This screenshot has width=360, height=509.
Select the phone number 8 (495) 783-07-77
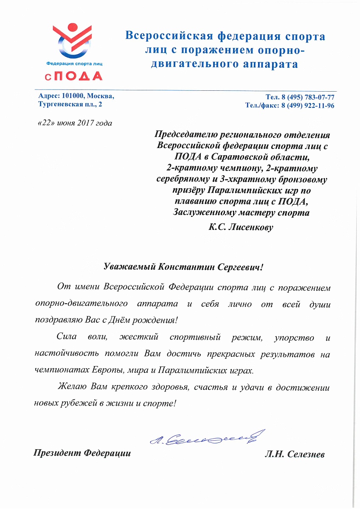307,97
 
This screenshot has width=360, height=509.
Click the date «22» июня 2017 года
75,123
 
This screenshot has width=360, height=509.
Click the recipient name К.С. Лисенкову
241,227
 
